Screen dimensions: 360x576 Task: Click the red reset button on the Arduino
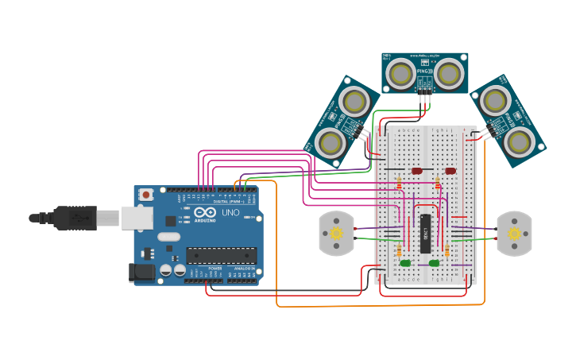tap(146, 195)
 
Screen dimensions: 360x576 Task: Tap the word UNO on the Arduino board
tap(230, 213)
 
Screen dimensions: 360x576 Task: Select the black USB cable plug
tap(75, 216)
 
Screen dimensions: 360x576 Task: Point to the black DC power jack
tap(141, 273)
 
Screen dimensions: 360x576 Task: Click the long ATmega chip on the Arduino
tap(222, 254)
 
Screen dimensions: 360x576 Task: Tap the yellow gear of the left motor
tap(336, 234)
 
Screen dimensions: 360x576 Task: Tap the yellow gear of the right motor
tap(514, 234)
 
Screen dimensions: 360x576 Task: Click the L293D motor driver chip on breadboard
tap(426, 233)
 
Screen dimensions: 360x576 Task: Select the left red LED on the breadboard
tap(417, 170)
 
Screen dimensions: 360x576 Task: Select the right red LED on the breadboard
tap(450, 170)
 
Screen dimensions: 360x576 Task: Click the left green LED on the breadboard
tap(405, 263)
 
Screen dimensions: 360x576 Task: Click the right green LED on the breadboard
tap(434, 263)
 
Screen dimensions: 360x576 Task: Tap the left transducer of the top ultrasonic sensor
tap(400, 75)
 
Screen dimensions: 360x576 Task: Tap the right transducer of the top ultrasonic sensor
tap(449, 75)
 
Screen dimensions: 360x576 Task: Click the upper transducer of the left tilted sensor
tap(354, 101)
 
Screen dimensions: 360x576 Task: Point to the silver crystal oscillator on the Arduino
tap(169, 236)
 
